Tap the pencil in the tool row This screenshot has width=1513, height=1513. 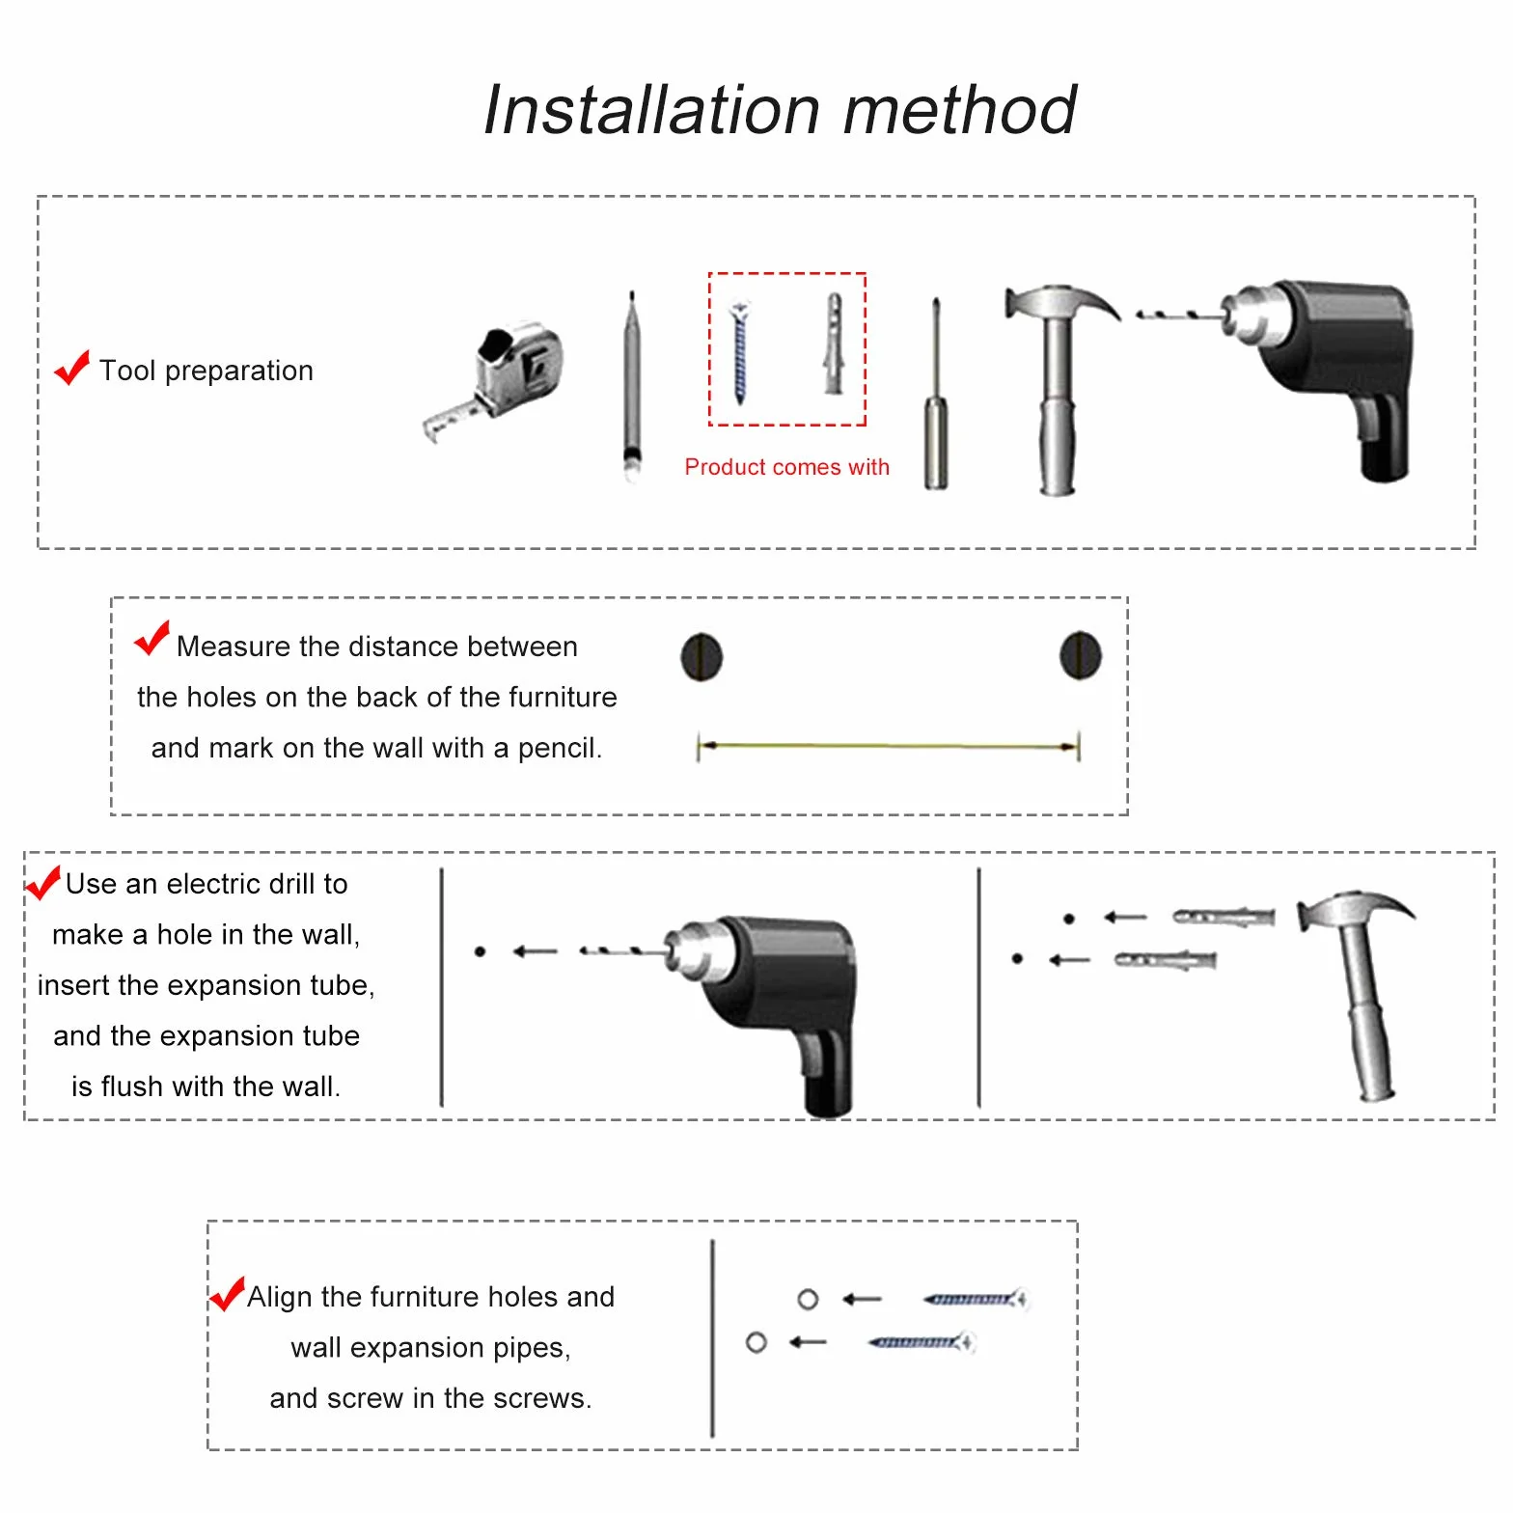[x=631, y=385]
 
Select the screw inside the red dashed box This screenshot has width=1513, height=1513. [x=740, y=352]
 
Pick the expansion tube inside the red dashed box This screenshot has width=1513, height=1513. [x=834, y=344]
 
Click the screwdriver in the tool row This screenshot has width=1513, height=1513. [x=935, y=395]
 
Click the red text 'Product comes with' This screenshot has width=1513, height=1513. [x=786, y=467]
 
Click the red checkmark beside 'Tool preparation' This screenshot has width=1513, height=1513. [x=71, y=368]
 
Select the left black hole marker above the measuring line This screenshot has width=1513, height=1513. [x=701, y=657]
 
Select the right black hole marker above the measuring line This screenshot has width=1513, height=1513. [x=1081, y=655]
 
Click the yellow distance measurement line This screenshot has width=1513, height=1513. [x=889, y=746]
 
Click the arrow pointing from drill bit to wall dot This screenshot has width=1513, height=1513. [x=536, y=951]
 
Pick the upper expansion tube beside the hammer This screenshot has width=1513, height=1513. [x=1224, y=916]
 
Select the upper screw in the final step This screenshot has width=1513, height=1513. [x=975, y=1299]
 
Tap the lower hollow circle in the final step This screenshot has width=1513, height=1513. [x=756, y=1342]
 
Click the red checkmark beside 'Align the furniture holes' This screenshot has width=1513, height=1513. [x=227, y=1294]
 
